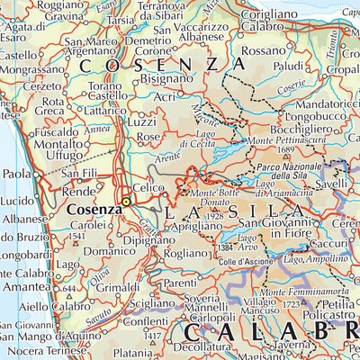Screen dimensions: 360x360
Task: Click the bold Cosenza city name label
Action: tap(94, 209)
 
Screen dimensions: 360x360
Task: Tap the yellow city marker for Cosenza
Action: tap(127, 202)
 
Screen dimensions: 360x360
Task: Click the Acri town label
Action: tap(165, 97)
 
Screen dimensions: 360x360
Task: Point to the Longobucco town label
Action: tap(309, 116)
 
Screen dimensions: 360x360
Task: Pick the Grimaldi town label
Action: tap(123, 287)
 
